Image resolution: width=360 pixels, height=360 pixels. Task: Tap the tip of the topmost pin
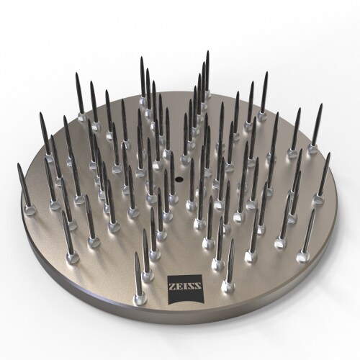tap(207, 53)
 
